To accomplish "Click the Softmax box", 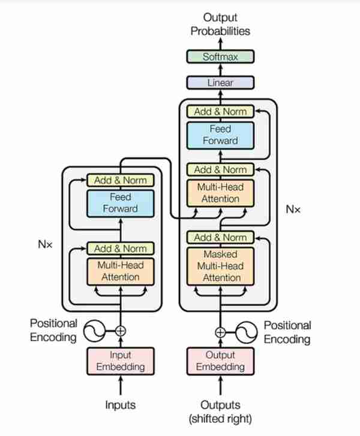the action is pos(220,56).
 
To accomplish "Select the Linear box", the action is pos(220,83).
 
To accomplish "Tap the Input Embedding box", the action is pos(120,361).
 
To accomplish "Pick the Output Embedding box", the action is pos(220,361).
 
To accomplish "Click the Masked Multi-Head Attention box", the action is pos(220,266).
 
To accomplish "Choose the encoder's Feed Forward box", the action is pos(120,203).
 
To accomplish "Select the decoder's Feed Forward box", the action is pos(220,135).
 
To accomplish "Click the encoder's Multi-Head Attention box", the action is pos(120,271).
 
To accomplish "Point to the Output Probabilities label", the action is pos(220,24).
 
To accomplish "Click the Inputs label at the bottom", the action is pos(120,405).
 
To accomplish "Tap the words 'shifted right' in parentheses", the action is pos(220,419).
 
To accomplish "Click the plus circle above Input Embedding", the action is pos(120,331).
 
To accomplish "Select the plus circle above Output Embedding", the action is pos(220,332).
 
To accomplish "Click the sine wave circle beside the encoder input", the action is pos(94,331).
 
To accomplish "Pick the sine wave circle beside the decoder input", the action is pos(246,332).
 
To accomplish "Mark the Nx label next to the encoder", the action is pos(45,244).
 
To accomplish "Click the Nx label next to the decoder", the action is pos(293,209).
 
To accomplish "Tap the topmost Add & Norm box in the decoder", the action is pos(220,112).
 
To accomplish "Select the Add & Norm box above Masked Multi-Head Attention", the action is pos(220,237).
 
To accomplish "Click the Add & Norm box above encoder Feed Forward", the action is pos(120,180).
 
